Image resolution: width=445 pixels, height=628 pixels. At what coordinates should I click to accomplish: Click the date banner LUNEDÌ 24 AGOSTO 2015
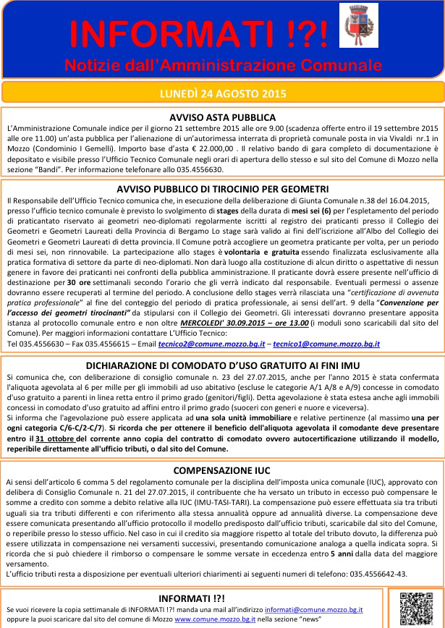222,93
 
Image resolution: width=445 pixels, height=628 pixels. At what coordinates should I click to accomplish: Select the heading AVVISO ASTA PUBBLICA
222,116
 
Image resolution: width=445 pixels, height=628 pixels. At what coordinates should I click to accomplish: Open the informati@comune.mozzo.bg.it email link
313,610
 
